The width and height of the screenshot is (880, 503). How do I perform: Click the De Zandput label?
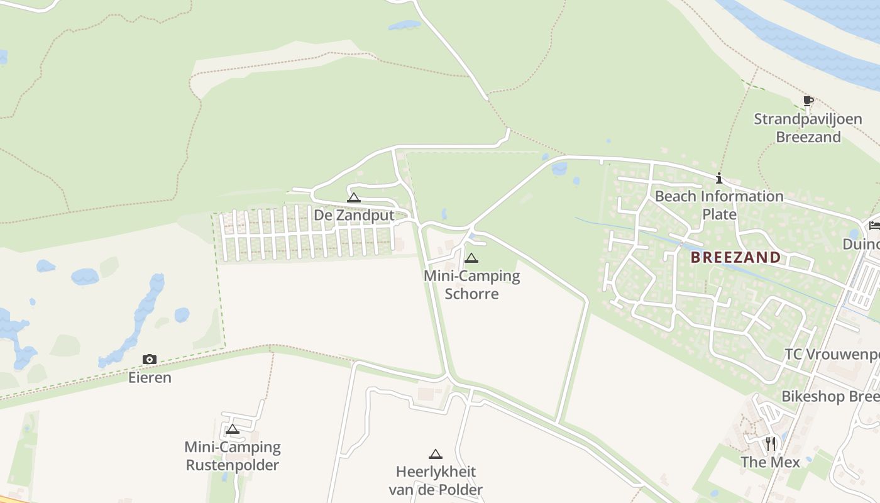[354, 215]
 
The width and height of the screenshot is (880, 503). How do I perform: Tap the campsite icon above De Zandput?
[354, 197]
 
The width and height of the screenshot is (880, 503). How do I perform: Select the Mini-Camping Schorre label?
[471, 285]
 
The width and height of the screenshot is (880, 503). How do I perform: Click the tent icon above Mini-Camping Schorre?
[471, 258]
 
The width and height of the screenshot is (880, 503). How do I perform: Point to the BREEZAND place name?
[735, 257]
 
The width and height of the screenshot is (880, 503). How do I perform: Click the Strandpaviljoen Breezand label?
[808, 128]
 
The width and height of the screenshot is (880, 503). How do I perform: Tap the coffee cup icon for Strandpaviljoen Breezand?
[808, 101]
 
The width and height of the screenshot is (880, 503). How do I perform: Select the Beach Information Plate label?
[719, 205]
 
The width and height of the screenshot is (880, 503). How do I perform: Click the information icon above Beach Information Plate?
[719, 179]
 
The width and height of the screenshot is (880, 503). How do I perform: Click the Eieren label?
[150, 377]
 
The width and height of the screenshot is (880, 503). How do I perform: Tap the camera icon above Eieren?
[150, 360]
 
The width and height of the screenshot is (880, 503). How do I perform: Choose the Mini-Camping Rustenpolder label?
[232, 456]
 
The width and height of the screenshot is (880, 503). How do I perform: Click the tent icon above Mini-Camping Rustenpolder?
[232, 429]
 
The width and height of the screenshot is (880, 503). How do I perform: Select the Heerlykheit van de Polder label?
[436, 480]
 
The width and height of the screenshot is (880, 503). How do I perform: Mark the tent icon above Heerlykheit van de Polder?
[436, 454]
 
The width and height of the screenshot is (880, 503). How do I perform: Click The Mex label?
[770, 462]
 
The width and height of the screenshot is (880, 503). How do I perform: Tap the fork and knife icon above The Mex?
[770, 444]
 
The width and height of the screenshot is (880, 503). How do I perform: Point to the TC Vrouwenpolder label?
[832, 355]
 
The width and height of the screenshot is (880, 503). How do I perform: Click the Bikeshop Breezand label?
[830, 396]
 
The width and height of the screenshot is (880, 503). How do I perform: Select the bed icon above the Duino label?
[874, 226]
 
